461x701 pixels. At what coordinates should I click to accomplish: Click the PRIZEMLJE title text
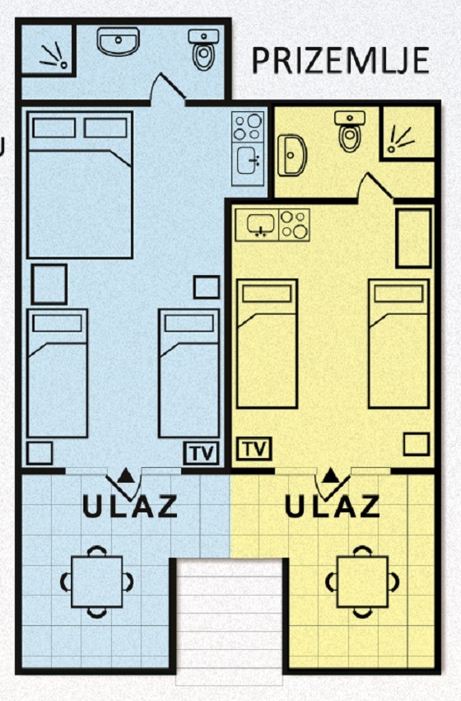pyautogui.click(x=341, y=60)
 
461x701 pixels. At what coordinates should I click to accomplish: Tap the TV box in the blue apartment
pyautogui.click(x=202, y=453)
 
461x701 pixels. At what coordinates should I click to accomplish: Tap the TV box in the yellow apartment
pyautogui.click(x=254, y=448)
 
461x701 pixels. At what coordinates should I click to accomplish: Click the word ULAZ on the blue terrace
pyautogui.click(x=130, y=507)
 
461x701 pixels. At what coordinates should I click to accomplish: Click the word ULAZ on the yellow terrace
pyautogui.click(x=333, y=506)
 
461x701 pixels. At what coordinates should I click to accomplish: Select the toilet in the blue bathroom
pyautogui.click(x=203, y=49)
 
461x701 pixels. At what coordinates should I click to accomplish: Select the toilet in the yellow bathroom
pyautogui.click(x=350, y=132)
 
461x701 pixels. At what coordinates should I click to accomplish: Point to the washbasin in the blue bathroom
pyautogui.click(x=119, y=41)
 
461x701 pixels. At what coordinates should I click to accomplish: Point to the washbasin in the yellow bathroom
pyautogui.click(x=291, y=155)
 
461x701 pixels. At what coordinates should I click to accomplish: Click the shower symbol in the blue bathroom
pyautogui.click(x=54, y=55)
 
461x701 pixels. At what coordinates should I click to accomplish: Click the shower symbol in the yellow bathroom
pyautogui.click(x=400, y=138)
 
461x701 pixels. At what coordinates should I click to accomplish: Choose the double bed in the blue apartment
pyautogui.click(x=80, y=185)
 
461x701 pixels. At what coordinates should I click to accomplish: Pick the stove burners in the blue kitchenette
pyautogui.click(x=248, y=127)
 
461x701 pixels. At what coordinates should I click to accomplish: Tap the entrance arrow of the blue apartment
pyautogui.click(x=126, y=475)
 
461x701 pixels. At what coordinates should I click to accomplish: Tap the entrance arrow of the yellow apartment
pyautogui.click(x=330, y=475)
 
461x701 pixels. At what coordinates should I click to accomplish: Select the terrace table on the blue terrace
pyautogui.click(x=97, y=582)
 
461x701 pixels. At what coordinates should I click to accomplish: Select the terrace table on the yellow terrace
pyautogui.click(x=362, y=582)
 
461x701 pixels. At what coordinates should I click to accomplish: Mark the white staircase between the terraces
pyautogui.click(x=229, y=622)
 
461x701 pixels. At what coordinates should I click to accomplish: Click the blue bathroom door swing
pyautogui.click(x=168, y=90)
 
